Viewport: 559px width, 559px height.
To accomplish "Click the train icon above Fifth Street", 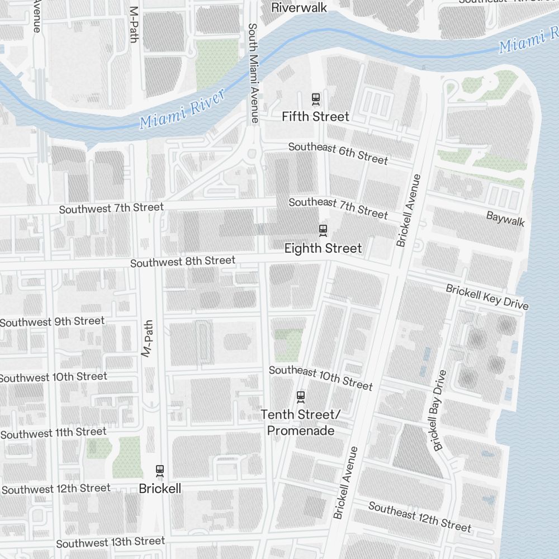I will click(316, 99).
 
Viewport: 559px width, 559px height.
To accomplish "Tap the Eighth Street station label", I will click(323, 248).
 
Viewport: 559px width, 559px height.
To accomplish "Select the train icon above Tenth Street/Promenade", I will click(301, 397).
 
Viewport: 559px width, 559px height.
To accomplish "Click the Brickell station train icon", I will click(160, 471).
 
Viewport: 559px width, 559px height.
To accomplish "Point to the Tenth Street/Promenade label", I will click(301, 423).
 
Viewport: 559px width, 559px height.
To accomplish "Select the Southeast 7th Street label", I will click(338, 208).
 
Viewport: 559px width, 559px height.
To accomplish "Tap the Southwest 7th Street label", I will click(111, 209).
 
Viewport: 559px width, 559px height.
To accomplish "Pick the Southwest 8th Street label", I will click(183, 262).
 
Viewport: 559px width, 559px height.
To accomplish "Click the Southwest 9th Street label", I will click(52, 321).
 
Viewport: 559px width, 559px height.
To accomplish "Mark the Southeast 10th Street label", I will click(320, 378).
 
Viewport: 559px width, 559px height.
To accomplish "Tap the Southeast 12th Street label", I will click(419, 517).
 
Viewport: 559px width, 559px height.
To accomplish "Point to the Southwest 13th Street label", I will click(110, 542).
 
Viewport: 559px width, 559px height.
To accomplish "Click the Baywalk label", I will click(505, 219).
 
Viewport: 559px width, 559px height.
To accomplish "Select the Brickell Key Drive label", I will click(486, 296).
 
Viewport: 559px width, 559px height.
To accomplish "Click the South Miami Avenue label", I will click(253, 73).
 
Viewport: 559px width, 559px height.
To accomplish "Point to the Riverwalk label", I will click(299, 8).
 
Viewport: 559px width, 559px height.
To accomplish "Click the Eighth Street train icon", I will click(323, 229).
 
